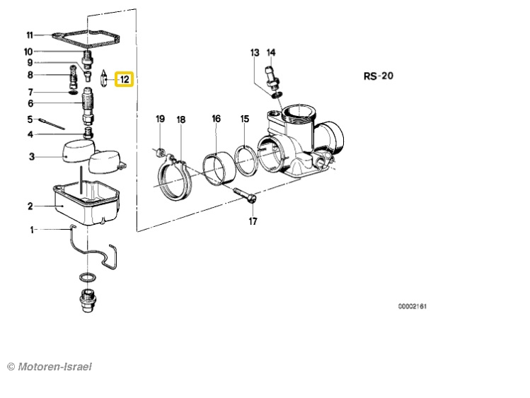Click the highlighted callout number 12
[x=125, y=80]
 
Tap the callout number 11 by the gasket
[x=30, y=35]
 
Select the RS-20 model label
[x=379, y=76]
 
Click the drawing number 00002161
[x=412, y=306]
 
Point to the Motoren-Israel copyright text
[x=50, y=367]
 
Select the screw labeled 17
[x=245, y=195]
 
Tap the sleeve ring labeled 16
[x=219, y=169]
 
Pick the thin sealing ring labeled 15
[x=247, y=160]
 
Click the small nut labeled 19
[x=161, y=152]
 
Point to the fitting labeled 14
[x=272, y=76]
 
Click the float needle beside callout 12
[x=105, y=78]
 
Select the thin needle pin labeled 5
[x=52, y=124]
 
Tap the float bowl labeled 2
[x=86, y=204]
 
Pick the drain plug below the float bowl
[x=88, y=300]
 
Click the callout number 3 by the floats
[x=31, y=157]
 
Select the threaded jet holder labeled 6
[x=88, y=105]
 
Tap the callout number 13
[x=255, y=53]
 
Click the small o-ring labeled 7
[x=73, y=92]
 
